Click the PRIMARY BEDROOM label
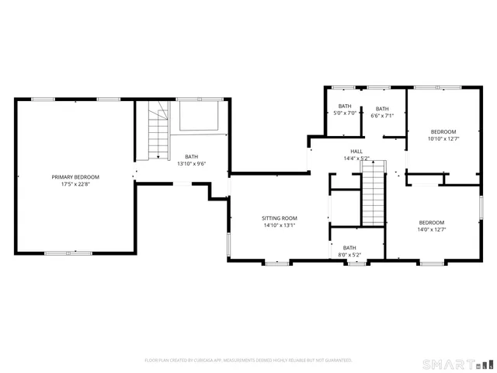[x=75, y=177]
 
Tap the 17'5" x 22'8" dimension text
[x=75, y=185]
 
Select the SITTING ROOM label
[x=280, y=218]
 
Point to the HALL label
[x=356, y=152]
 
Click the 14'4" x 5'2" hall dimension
[x=356, y=159]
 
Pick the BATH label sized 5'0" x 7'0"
[x=345, y=106]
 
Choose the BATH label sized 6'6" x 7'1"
[x=382, y=109]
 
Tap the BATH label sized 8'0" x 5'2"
[x=349, y=247]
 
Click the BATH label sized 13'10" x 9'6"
[x=191, y=156]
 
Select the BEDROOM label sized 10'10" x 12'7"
[x=443, y=131]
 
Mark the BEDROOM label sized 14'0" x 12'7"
[x=431, y=222]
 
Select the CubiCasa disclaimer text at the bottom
[x=248, y=361]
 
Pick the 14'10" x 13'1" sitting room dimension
[x=280, y=225]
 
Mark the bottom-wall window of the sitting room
[x=276, y=263]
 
